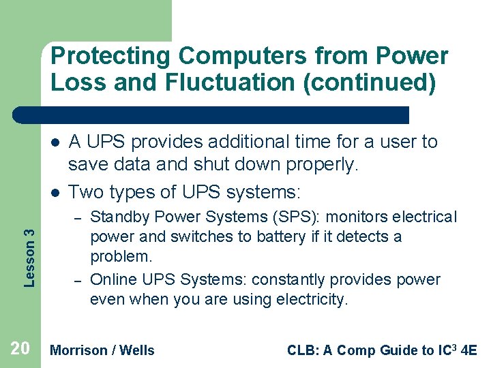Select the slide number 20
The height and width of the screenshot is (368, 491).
(x=20, y=349)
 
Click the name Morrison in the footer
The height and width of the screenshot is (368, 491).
(x=80, y=350)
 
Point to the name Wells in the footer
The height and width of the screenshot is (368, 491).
(x=138, y=350)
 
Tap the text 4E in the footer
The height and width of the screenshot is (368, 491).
(x=468, y=350)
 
